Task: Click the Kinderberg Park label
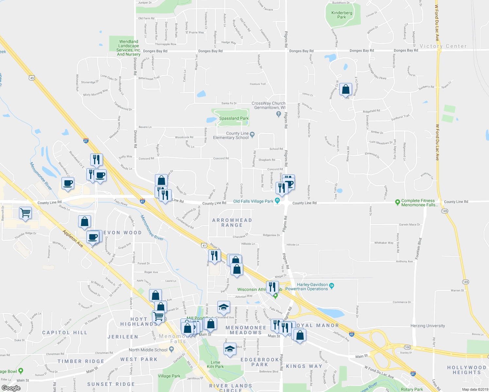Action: tap(342, 15)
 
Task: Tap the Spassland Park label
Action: tap(234, 118)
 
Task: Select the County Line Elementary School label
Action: tap(231, 136)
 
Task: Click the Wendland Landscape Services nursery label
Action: tap(128, 48)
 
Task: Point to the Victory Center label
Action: tap(443, 46)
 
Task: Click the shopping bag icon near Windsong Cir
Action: tap(346, 89)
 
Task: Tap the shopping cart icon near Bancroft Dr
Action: tap(25, 213)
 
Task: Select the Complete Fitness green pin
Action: tap(397, 203)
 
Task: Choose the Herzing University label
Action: tap(428, 326)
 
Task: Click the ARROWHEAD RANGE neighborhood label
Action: tap(232, 222)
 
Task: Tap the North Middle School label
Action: tap(148, 350)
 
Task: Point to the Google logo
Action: tap(11, 388)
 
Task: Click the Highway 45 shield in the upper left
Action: tap(32, 78)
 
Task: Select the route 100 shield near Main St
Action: tap(407, 347)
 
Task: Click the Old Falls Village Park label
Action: tap(253, 201)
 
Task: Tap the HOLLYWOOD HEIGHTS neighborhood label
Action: tap(466, 370)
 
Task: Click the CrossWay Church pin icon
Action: tap(278, 114)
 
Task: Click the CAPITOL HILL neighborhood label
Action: tap(65, 333)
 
